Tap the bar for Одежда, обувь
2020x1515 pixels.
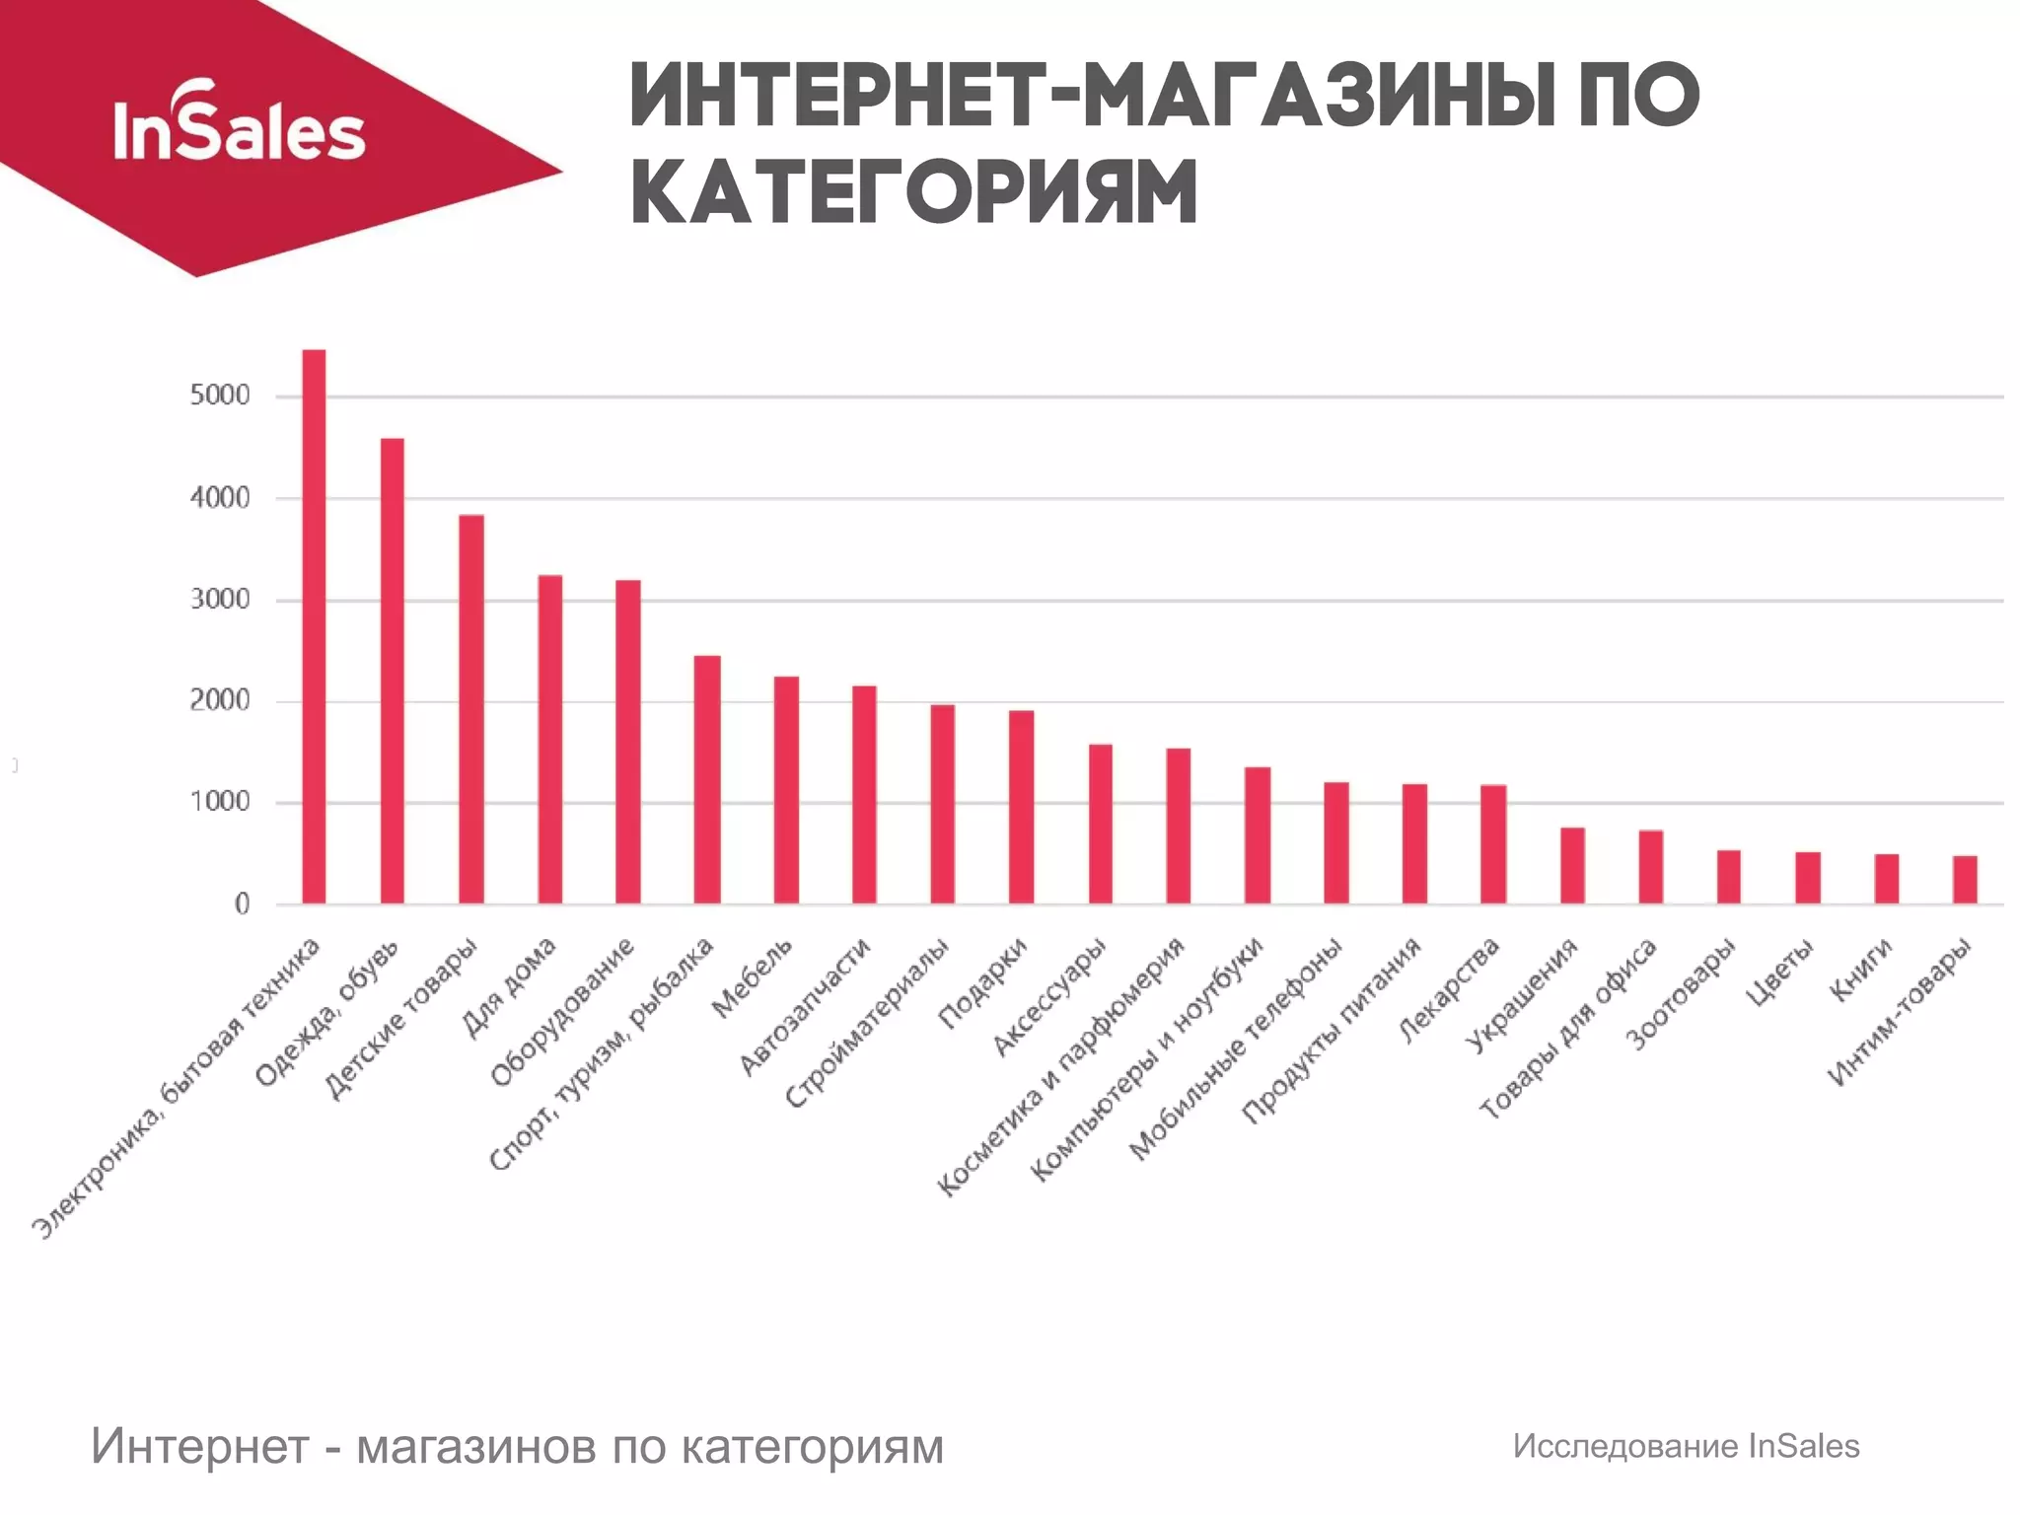pos(392,671)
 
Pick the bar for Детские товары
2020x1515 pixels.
pos(470,710)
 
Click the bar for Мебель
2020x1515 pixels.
pos(786,789)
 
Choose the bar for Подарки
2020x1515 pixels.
pos(1021,807)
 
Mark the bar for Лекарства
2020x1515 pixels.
pos(1493,844)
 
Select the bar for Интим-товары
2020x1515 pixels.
pos(1965,880)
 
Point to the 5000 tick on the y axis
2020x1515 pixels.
pos(221,397)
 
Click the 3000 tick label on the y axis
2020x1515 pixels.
pos(221,600)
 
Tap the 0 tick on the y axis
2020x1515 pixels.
pos(242,904)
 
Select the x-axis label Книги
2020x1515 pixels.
pos(1861,969)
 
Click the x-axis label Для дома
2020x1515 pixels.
pos(511,987)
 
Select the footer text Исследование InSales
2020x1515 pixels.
pos(1686,1446)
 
